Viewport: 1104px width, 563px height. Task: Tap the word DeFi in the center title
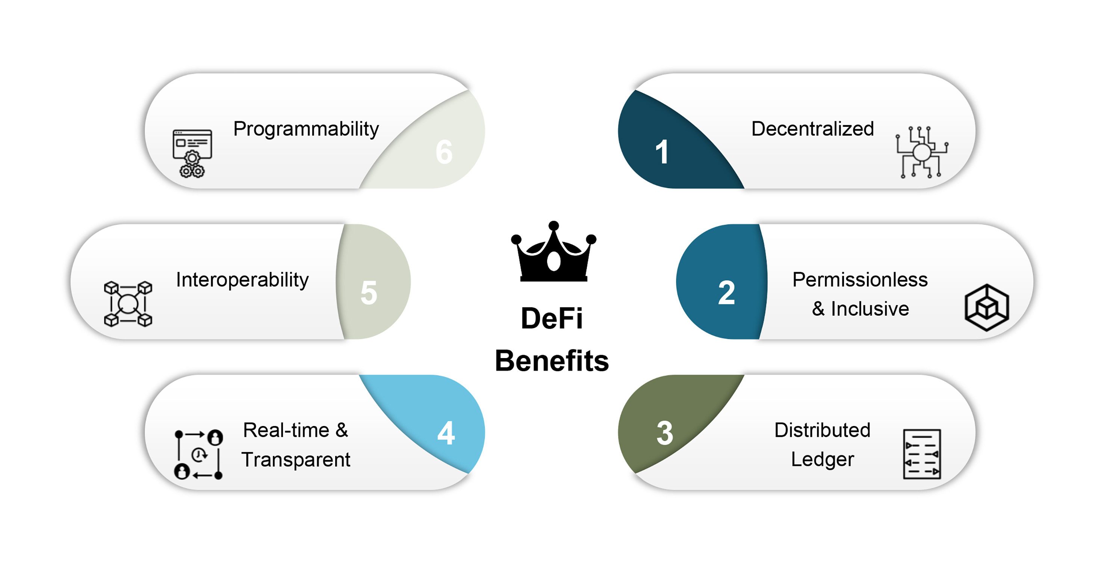pos(552,319)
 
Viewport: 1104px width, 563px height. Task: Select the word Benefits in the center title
pos(552,360)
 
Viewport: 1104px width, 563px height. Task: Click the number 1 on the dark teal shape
pos(662,152)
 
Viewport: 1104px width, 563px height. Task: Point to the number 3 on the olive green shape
pos(665,433)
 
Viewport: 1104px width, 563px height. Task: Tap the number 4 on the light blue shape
pos(446,433)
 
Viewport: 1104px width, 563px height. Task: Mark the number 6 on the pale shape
pos(444,152)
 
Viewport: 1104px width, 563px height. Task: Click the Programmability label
pos(306,129)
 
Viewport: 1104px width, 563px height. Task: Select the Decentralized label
pos(812,128)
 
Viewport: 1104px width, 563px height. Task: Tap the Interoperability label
pos(242,280)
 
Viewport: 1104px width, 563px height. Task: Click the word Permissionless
pos(860,280)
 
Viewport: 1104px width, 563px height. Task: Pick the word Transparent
pos(296,460)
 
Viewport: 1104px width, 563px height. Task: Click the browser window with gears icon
pos(192,153)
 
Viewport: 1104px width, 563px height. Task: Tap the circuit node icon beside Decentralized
pos(921,152)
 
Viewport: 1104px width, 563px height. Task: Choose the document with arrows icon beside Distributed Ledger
pos(922,454)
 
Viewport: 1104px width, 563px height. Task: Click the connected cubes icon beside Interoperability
pos(128,304)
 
